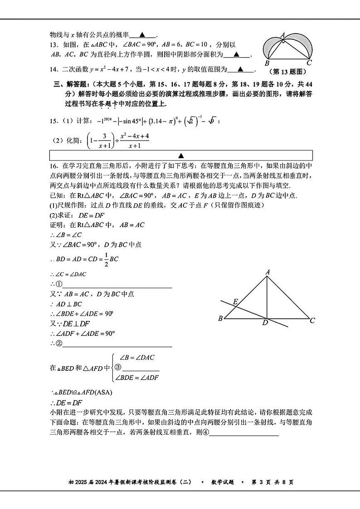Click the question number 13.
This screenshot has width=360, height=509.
point(53,45)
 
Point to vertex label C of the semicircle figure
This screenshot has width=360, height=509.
point(309,63)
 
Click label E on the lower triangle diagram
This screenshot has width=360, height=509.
point(235,301)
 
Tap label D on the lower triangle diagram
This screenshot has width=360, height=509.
point(265,323)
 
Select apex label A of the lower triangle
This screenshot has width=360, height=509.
point(268,272)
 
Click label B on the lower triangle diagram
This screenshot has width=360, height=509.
point(221,318)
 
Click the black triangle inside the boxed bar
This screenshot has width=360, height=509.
point(180,155)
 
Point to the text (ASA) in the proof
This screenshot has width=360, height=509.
point(103,392)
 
